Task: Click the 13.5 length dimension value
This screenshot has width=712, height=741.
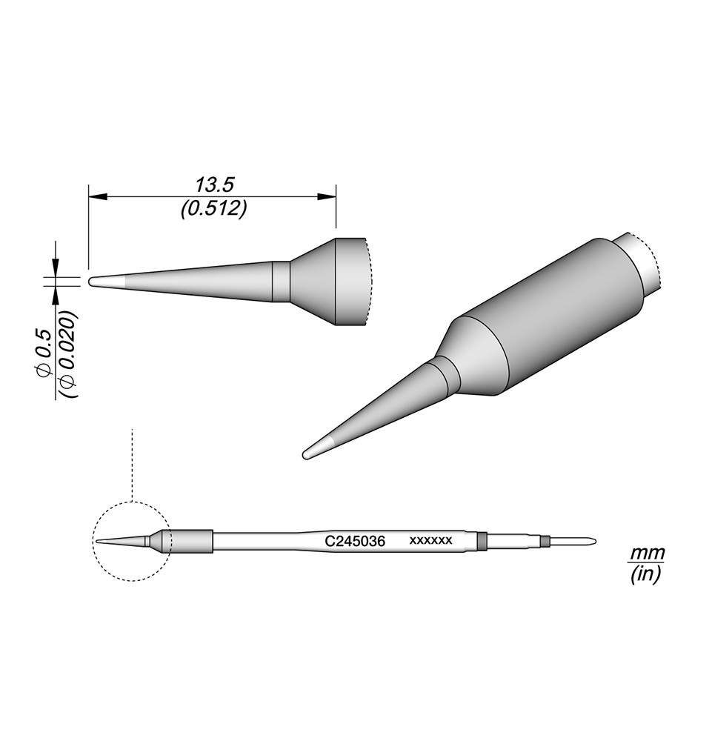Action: click(215, 185)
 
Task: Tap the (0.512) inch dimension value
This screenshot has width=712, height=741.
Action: click(214, 208)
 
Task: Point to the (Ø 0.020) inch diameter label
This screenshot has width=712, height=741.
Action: click(69, 353)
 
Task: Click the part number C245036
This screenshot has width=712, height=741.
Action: click(356, 541)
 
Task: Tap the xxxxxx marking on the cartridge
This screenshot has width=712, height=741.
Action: click(431, 540)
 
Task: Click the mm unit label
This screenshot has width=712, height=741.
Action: click(648, 552)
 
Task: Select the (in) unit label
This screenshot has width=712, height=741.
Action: click(645, 574)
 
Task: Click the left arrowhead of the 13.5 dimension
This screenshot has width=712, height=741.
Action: click(99, 196)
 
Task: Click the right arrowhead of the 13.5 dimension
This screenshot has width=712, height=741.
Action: click(326, 196)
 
